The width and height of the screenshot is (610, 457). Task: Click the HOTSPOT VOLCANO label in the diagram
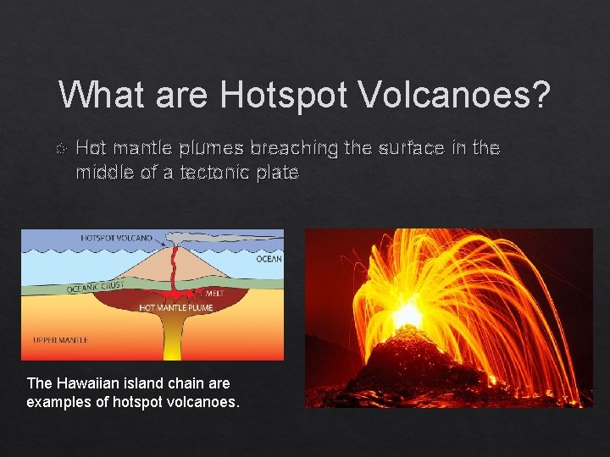tap(116, 238)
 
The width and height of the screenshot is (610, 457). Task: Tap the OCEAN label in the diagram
tap(269, 259)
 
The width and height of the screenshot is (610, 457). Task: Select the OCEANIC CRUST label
tap(96, 288)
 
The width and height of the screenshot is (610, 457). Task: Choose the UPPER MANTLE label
tap(59, 340)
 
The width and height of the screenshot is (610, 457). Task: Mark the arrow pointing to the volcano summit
tap(162, 241)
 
